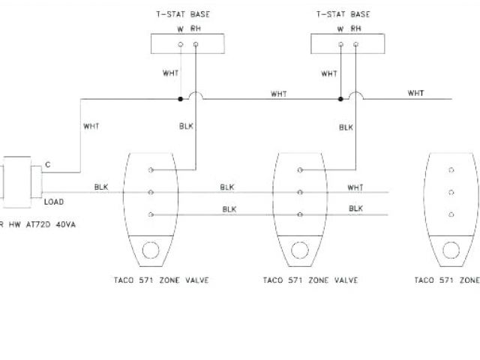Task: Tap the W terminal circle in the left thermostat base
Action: (x=180, y=46)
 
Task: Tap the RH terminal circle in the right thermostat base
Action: (x=355, y=46)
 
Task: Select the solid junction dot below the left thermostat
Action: (x=180, y=99)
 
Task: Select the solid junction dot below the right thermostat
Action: (x=340, y=99)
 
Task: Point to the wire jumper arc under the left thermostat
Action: (x=195, y=96)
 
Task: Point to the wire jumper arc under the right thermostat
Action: (x=355, y=96)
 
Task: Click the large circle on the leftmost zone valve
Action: (x=151, y=251)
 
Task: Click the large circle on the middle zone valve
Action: (x=300, y=251)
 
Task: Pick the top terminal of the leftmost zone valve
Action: (x=151, y=170)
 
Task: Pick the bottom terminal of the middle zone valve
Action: (x=300, y=214)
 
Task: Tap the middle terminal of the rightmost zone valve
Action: (x=452, y=193)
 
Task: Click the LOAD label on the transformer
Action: (x=53, y=202)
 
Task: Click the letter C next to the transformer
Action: (x=48, y=163)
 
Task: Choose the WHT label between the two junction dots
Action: (x=279, y=94)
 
